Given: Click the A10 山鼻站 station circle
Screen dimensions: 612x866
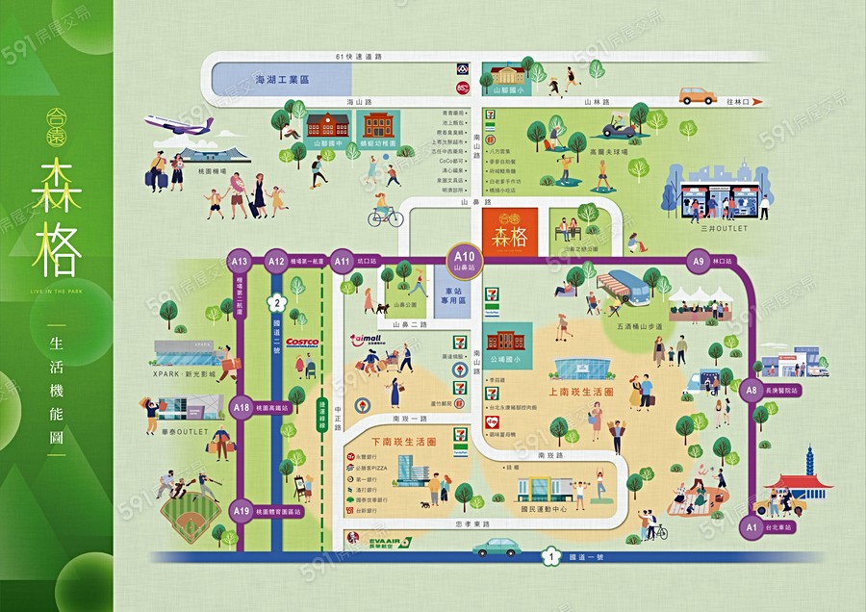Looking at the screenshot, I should [x=466, y=259].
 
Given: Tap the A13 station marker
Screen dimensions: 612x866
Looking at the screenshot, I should [x=240, y=261].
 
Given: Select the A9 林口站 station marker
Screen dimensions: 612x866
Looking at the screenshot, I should [x=700, y=261].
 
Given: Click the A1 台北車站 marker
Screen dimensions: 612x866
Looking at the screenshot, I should [x=751, y=526].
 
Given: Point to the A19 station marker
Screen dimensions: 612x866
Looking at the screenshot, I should [x=240, y=511].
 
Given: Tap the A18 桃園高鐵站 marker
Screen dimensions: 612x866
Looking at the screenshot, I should [x=240, y=408].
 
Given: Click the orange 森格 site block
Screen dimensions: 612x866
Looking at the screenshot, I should [x=508, y=235].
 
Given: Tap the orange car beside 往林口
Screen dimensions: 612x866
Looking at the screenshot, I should [x=698, y=95].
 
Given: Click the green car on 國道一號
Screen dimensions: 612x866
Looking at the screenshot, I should [x=497, y=547].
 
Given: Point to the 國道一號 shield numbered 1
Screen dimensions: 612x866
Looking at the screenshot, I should [x=550, y=556].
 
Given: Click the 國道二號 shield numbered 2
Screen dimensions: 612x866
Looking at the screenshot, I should [x=277, y=302].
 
